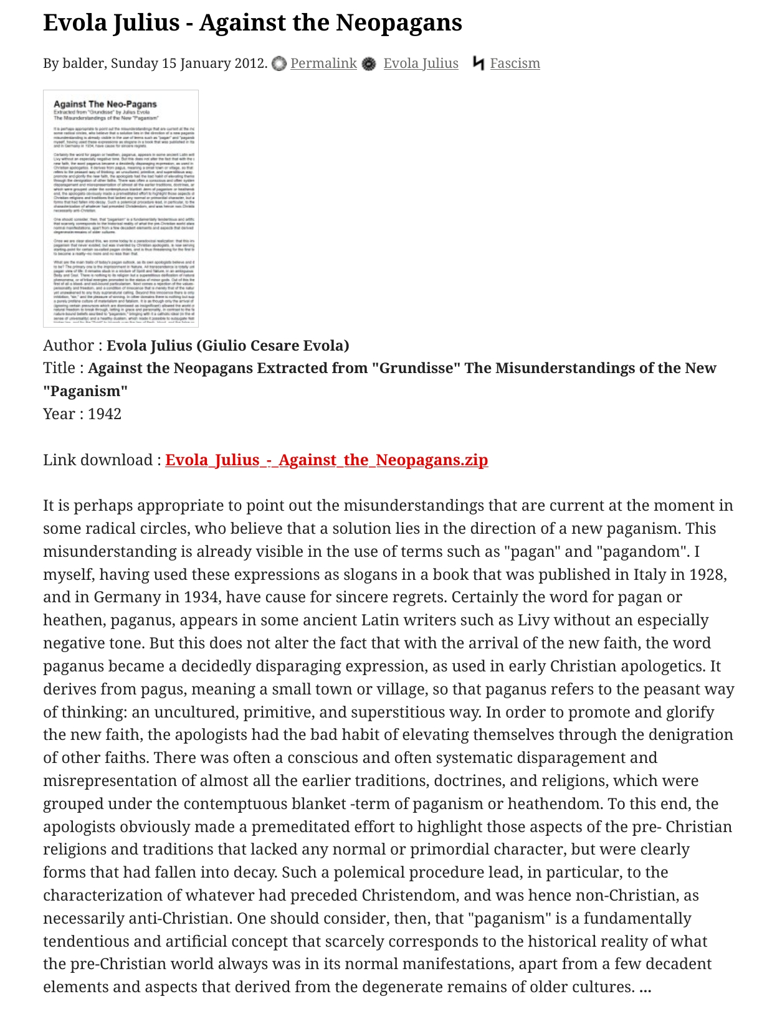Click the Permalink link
323,64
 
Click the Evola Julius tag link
421,64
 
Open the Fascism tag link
515,64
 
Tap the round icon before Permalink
279,64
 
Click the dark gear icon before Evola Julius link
369,64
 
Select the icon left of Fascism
478,64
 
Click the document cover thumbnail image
121,208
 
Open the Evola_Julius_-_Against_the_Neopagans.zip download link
326,460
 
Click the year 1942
105,414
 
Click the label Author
67,346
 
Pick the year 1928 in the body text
708,574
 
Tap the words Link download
98,460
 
